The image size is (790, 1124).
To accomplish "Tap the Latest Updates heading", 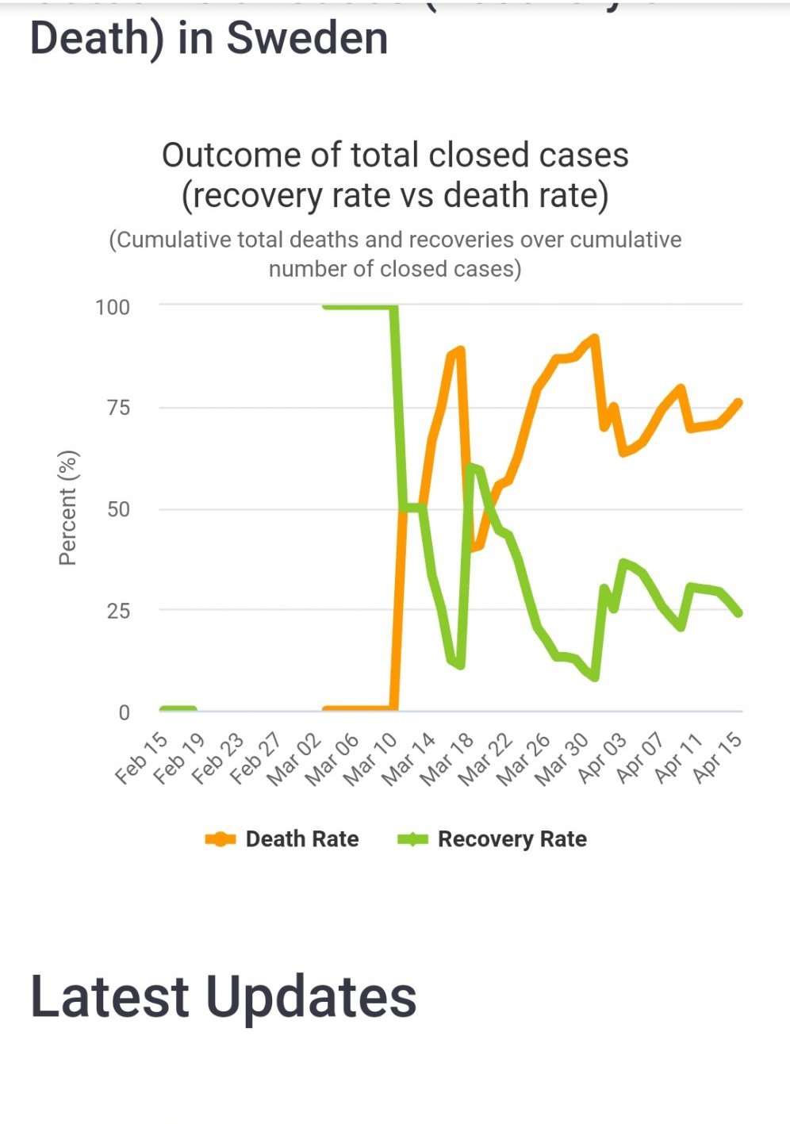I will coord(223,996).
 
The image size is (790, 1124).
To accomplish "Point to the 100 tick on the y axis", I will coord(113,307).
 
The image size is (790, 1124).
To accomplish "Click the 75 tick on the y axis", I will coord(118,408).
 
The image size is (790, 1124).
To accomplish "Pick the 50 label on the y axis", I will coord(118,509).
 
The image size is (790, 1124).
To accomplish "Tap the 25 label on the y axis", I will coord(118,611).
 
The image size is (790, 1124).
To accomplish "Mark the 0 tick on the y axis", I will coord(124,712).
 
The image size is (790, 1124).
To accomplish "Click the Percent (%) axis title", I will coord(68,508).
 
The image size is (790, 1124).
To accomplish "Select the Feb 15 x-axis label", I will coord(142,758).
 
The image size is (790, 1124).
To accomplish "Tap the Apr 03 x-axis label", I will coord(601,758).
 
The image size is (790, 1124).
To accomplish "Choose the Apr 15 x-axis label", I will coord(717,758).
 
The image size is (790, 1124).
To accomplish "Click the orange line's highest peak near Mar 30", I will coord(595,338).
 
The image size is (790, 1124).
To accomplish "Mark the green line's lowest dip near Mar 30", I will coord(595,677).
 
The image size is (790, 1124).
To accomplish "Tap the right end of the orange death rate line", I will coord(739,402).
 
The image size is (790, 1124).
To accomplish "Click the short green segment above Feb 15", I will coord(178,708).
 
